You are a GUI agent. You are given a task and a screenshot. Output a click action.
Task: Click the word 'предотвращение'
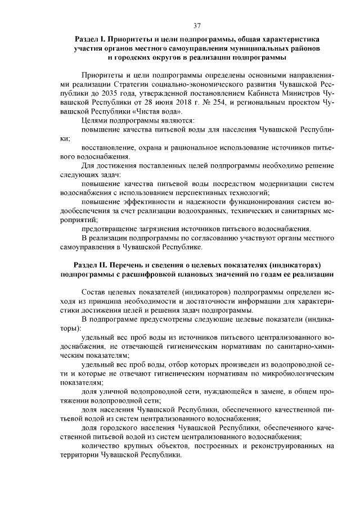pos(109,229)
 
